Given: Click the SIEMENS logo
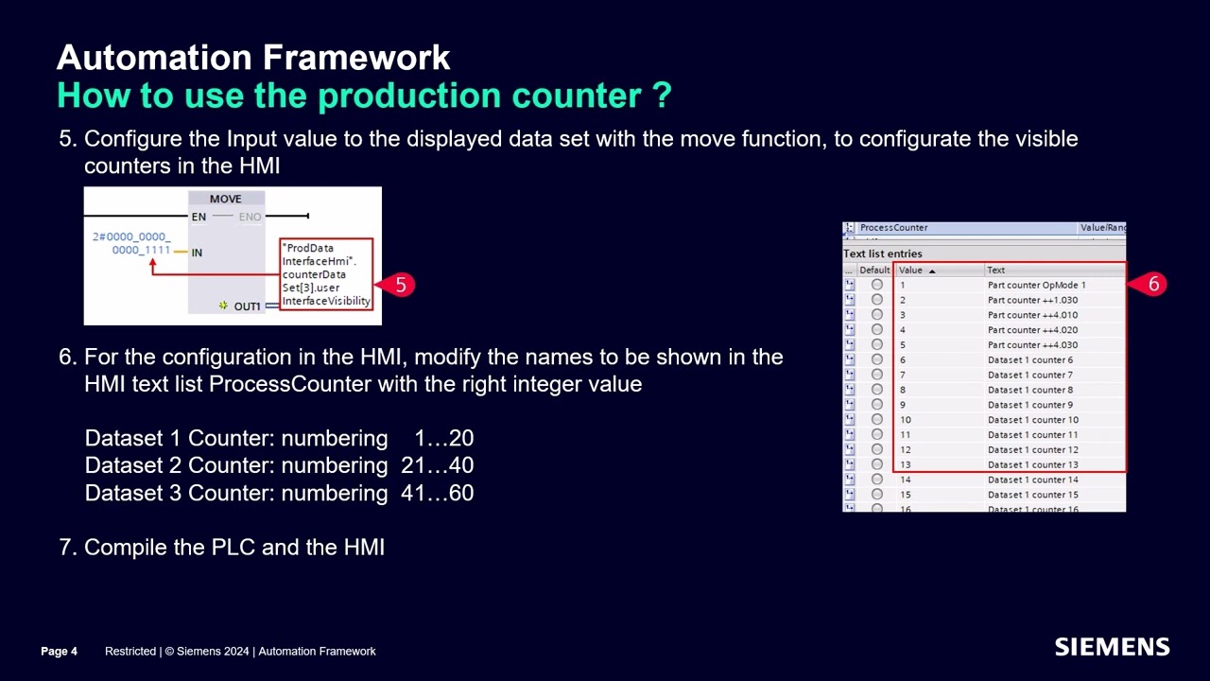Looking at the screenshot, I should coord(1112,648).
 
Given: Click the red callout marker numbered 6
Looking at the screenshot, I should coord(1152,284).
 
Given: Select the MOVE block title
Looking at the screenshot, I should coord(225,199).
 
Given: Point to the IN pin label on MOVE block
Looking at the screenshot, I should coord(197,253).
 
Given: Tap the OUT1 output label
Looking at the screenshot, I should coord(247,306).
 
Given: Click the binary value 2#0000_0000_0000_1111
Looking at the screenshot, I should coord(132,243).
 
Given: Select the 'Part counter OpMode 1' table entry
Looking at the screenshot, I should coord(1036,285).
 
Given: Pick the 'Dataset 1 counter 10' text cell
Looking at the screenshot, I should coord(1032,420).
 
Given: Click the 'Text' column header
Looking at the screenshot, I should coord(995,270).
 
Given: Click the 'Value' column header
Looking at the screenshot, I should coord(910,270).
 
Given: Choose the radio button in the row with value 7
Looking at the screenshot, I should coord(876,375).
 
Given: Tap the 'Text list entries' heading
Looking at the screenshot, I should coord(882,253).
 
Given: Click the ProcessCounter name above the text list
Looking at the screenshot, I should coord(893,228).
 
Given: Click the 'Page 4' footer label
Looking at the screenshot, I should coord(59,651).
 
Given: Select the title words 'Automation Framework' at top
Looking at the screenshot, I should coord(253,58).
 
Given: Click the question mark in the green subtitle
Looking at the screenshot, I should coord(661,96).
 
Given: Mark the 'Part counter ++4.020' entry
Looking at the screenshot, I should coord(1032,330).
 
